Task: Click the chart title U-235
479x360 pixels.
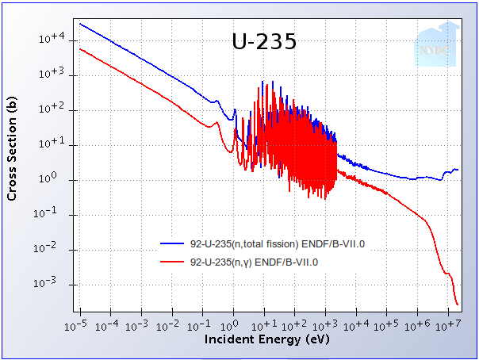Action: [x=264, y=42]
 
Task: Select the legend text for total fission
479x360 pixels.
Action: [x=278, y=243]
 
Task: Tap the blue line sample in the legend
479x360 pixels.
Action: [x=173, y=243]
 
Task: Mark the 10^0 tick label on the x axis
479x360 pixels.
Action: [x=233, y=325]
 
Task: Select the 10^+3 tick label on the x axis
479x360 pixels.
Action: [x=325, y=325]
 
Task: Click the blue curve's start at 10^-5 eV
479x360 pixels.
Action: [x=80, y=23]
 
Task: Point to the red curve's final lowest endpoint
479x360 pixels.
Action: [x=458, y=304]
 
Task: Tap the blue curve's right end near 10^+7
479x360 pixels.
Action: [x=458, y=170]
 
